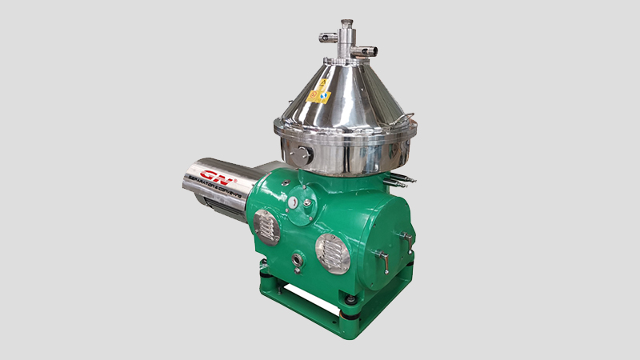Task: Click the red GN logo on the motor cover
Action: (214, 175)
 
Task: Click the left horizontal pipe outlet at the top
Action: (327, 36)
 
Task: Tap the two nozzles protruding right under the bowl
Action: (409, 171)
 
